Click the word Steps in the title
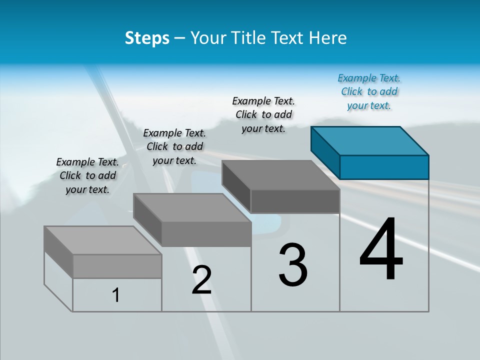click(x=146, y=38)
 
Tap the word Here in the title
click(x=328, y=38)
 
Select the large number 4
click(x=381, y=250)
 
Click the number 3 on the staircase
click(x=293, y=265)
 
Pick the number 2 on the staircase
click(x=201, y=280)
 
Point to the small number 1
click(x=116, y=295)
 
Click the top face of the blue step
click(x=370, y=140)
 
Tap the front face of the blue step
click(x=384, y=167)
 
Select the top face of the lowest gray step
click(x=103, y=240)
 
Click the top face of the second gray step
click(x=192, y=208)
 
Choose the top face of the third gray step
click(x=281, y=175)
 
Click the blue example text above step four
click(x=369, y=92)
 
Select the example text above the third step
click(x=263, y=114)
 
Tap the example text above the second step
click(x=174, y=146)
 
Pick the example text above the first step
click(x=87, y=175)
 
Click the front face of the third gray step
click(x=295, y=201)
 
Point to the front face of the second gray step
click(x=206, y=234)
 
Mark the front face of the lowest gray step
click(x=117, y=266)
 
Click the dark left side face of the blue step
click(x=325, y=152)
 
